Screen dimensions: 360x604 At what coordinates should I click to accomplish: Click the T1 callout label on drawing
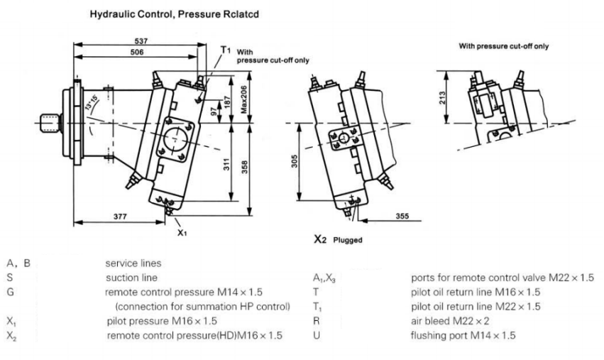[x=226, y=50]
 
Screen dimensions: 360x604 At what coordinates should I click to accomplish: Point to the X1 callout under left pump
[x=182, y=231]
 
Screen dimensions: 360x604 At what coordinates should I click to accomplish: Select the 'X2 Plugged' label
[x=338, y=240]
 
